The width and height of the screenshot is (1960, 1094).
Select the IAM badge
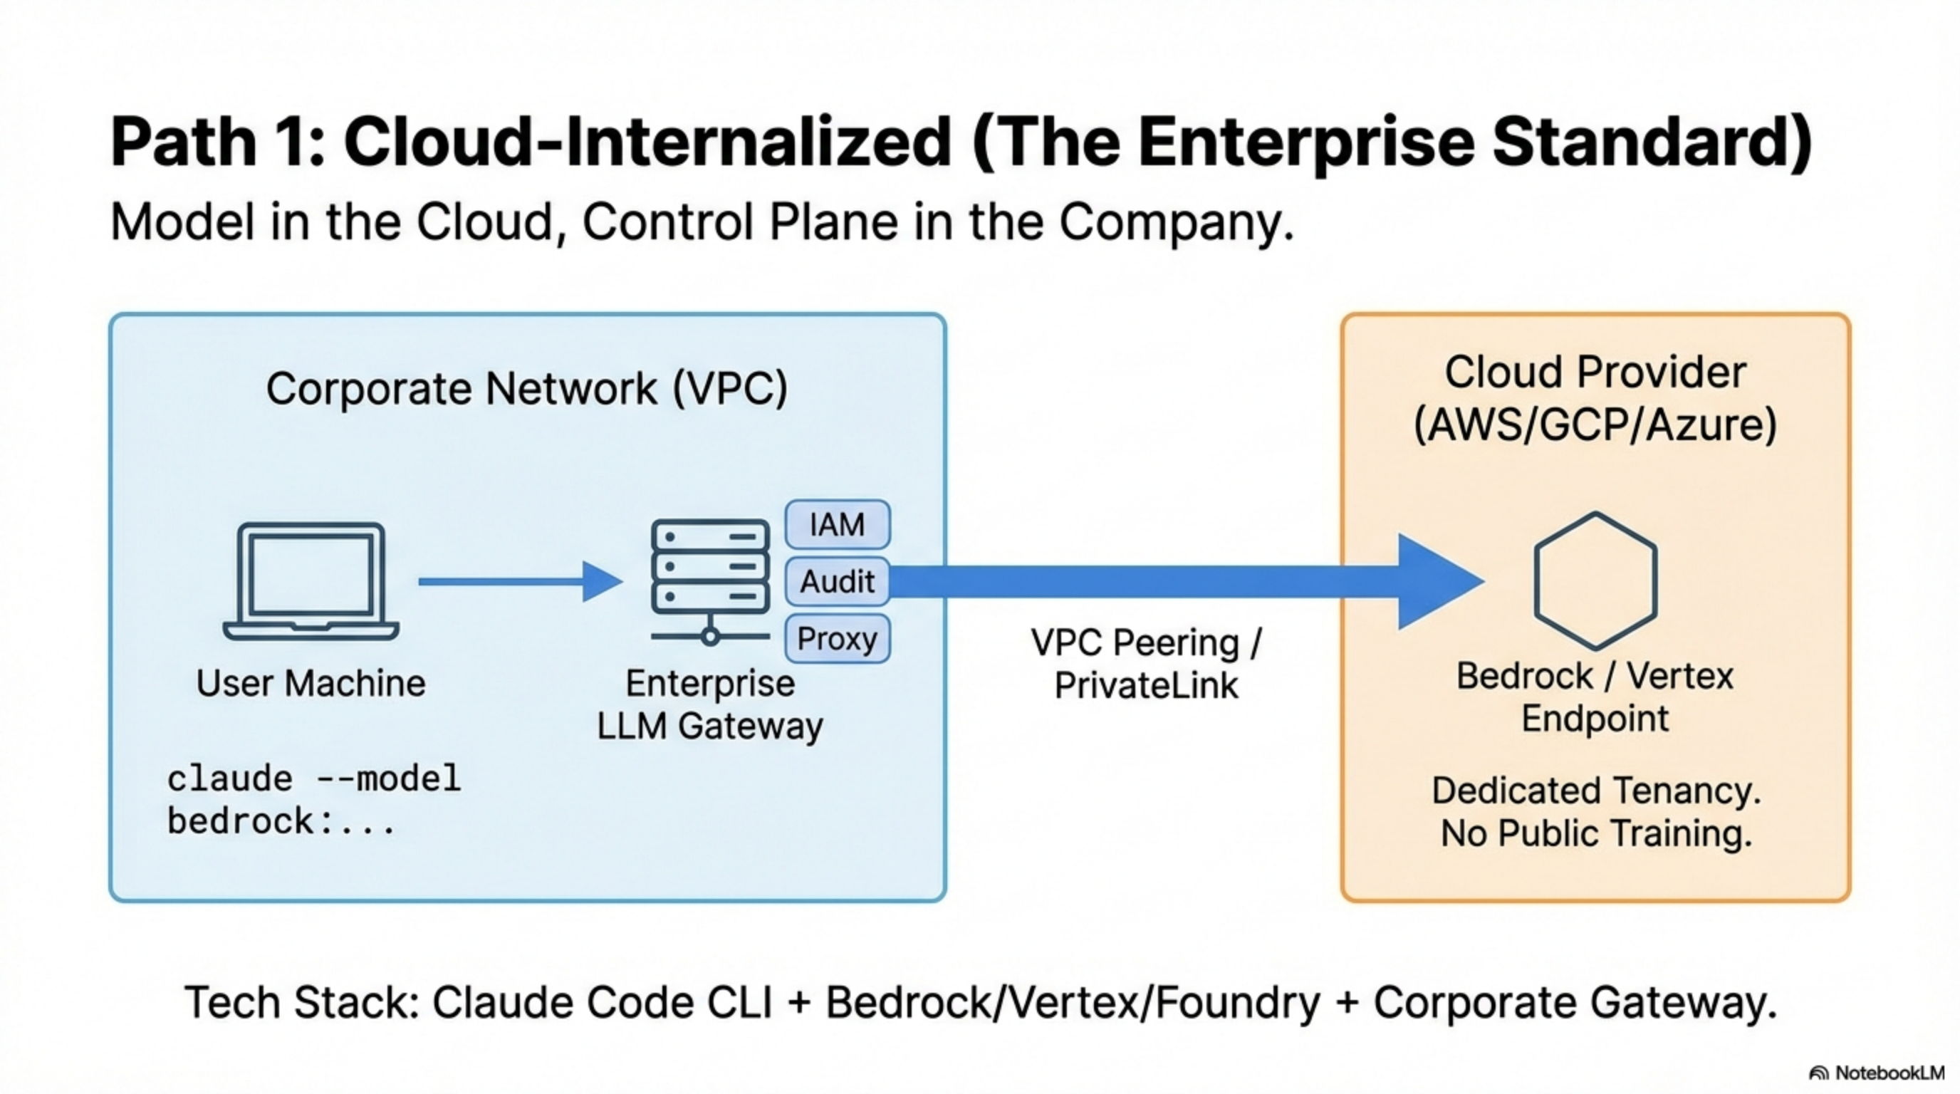click(x=837, y=524)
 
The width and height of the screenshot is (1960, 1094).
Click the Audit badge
click(x=837, y=581)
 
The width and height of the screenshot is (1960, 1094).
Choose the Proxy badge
click(x=837, y=638)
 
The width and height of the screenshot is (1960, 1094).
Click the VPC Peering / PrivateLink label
click(x=1146, y=663)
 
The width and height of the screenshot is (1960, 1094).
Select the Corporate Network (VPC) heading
click(x=526, y=389)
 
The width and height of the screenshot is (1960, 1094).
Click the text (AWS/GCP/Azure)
click(x=1595, y=424)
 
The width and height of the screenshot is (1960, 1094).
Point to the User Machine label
click(x=311, y=682)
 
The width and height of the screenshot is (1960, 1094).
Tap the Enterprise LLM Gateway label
click(x=710, y=704)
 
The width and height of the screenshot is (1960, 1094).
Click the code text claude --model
click(x=313, y=779)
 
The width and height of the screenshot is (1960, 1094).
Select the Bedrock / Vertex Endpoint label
click(x=1595, y=697)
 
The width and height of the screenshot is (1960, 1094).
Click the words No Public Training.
click(x=1596, y=833)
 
